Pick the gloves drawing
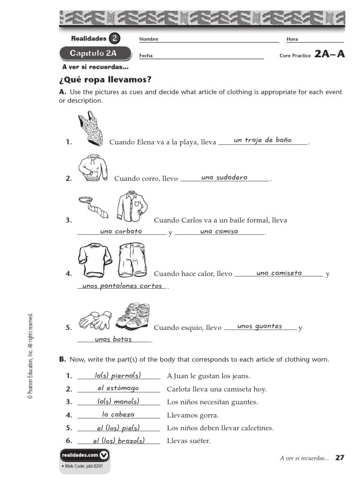click(95, 320)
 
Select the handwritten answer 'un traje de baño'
click(262, 140)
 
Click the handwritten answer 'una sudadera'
click(224, 177)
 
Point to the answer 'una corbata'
click(121, 231)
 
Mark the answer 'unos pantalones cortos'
click(122, 285)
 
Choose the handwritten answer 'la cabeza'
click(118, 414)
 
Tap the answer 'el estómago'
click(118, 388)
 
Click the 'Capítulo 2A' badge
click(95, 53)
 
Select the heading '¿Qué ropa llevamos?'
click(105, 79)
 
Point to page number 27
click(340, 457)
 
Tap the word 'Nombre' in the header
click(149, 39)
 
